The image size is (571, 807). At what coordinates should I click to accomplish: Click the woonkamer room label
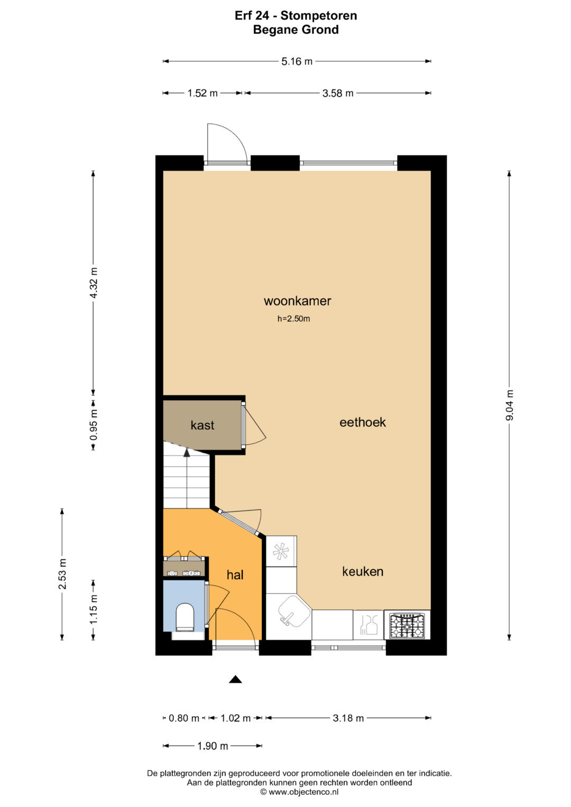[297, 301]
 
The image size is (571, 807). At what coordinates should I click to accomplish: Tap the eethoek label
[363, 422]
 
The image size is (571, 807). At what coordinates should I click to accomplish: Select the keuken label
[363, 571]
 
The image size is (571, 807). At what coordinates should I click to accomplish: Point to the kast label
[202, 425]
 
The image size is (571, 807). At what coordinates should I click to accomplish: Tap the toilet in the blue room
[185, 617]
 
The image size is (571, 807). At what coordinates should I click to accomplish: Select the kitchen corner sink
[294, 612]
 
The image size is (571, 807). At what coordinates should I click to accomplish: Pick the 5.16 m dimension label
[297, 62]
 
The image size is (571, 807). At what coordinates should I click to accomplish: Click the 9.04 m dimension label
[509, 405]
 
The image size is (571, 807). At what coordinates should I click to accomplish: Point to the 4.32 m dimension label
[94, 283]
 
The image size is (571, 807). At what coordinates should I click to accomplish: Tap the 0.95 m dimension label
[94, 425]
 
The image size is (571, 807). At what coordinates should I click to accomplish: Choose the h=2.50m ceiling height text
[294, 319]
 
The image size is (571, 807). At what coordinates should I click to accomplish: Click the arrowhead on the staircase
[186, 453]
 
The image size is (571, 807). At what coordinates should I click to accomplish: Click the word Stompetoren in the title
[319, 15]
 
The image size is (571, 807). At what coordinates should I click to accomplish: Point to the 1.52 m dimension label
[202, 94]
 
